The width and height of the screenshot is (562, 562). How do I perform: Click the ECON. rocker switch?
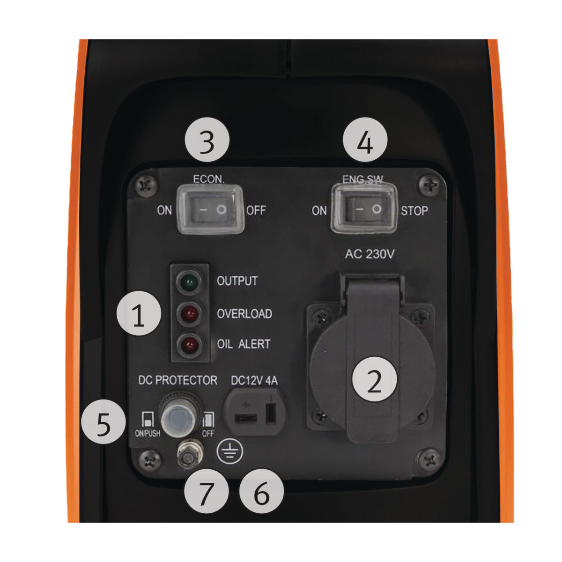(x=210, y=209)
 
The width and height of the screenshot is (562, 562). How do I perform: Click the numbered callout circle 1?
(x=139, y=315)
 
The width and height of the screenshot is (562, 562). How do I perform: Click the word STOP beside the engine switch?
(x=414, y=211)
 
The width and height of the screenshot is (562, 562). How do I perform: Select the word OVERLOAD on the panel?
(x=244, y=313)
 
